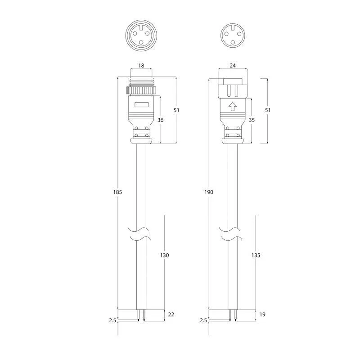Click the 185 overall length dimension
[117, 192]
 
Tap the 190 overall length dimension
[209, 192]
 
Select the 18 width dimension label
[141, 65]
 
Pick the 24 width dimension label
[233, 65]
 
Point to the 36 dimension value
[161, 120]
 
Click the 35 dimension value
[252, 120]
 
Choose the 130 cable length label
[164, 255]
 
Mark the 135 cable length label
[256, 255]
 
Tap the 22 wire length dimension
[171, 314]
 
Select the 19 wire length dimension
[262, 314]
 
